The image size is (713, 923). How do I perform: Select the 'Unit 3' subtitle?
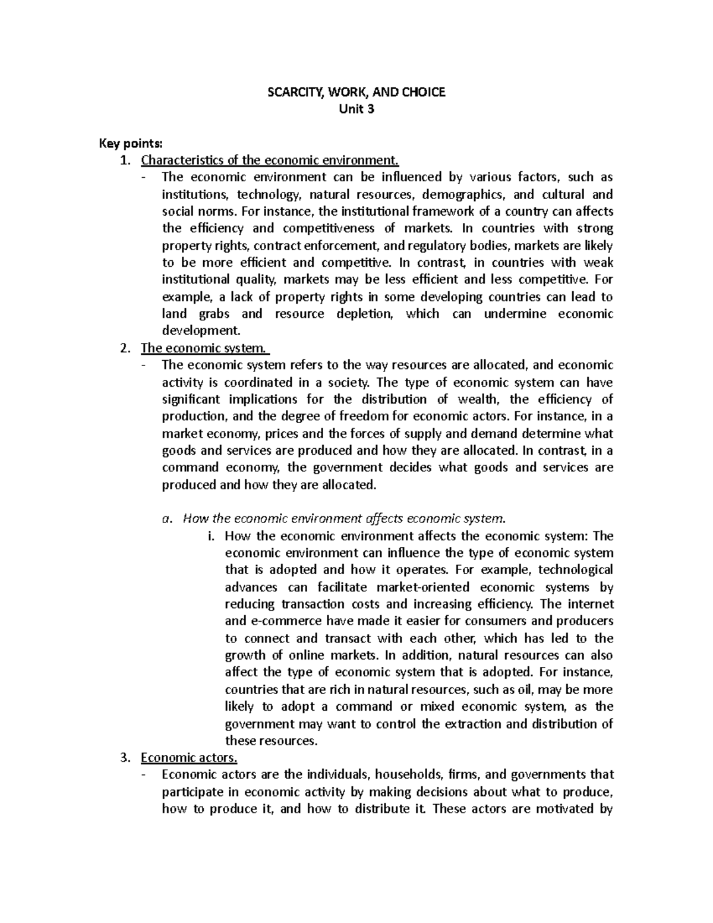(356, 109)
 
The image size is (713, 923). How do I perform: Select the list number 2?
(124, 348)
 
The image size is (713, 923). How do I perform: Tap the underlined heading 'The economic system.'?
(204, 348)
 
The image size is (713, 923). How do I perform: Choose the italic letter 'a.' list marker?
(167, 519)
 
